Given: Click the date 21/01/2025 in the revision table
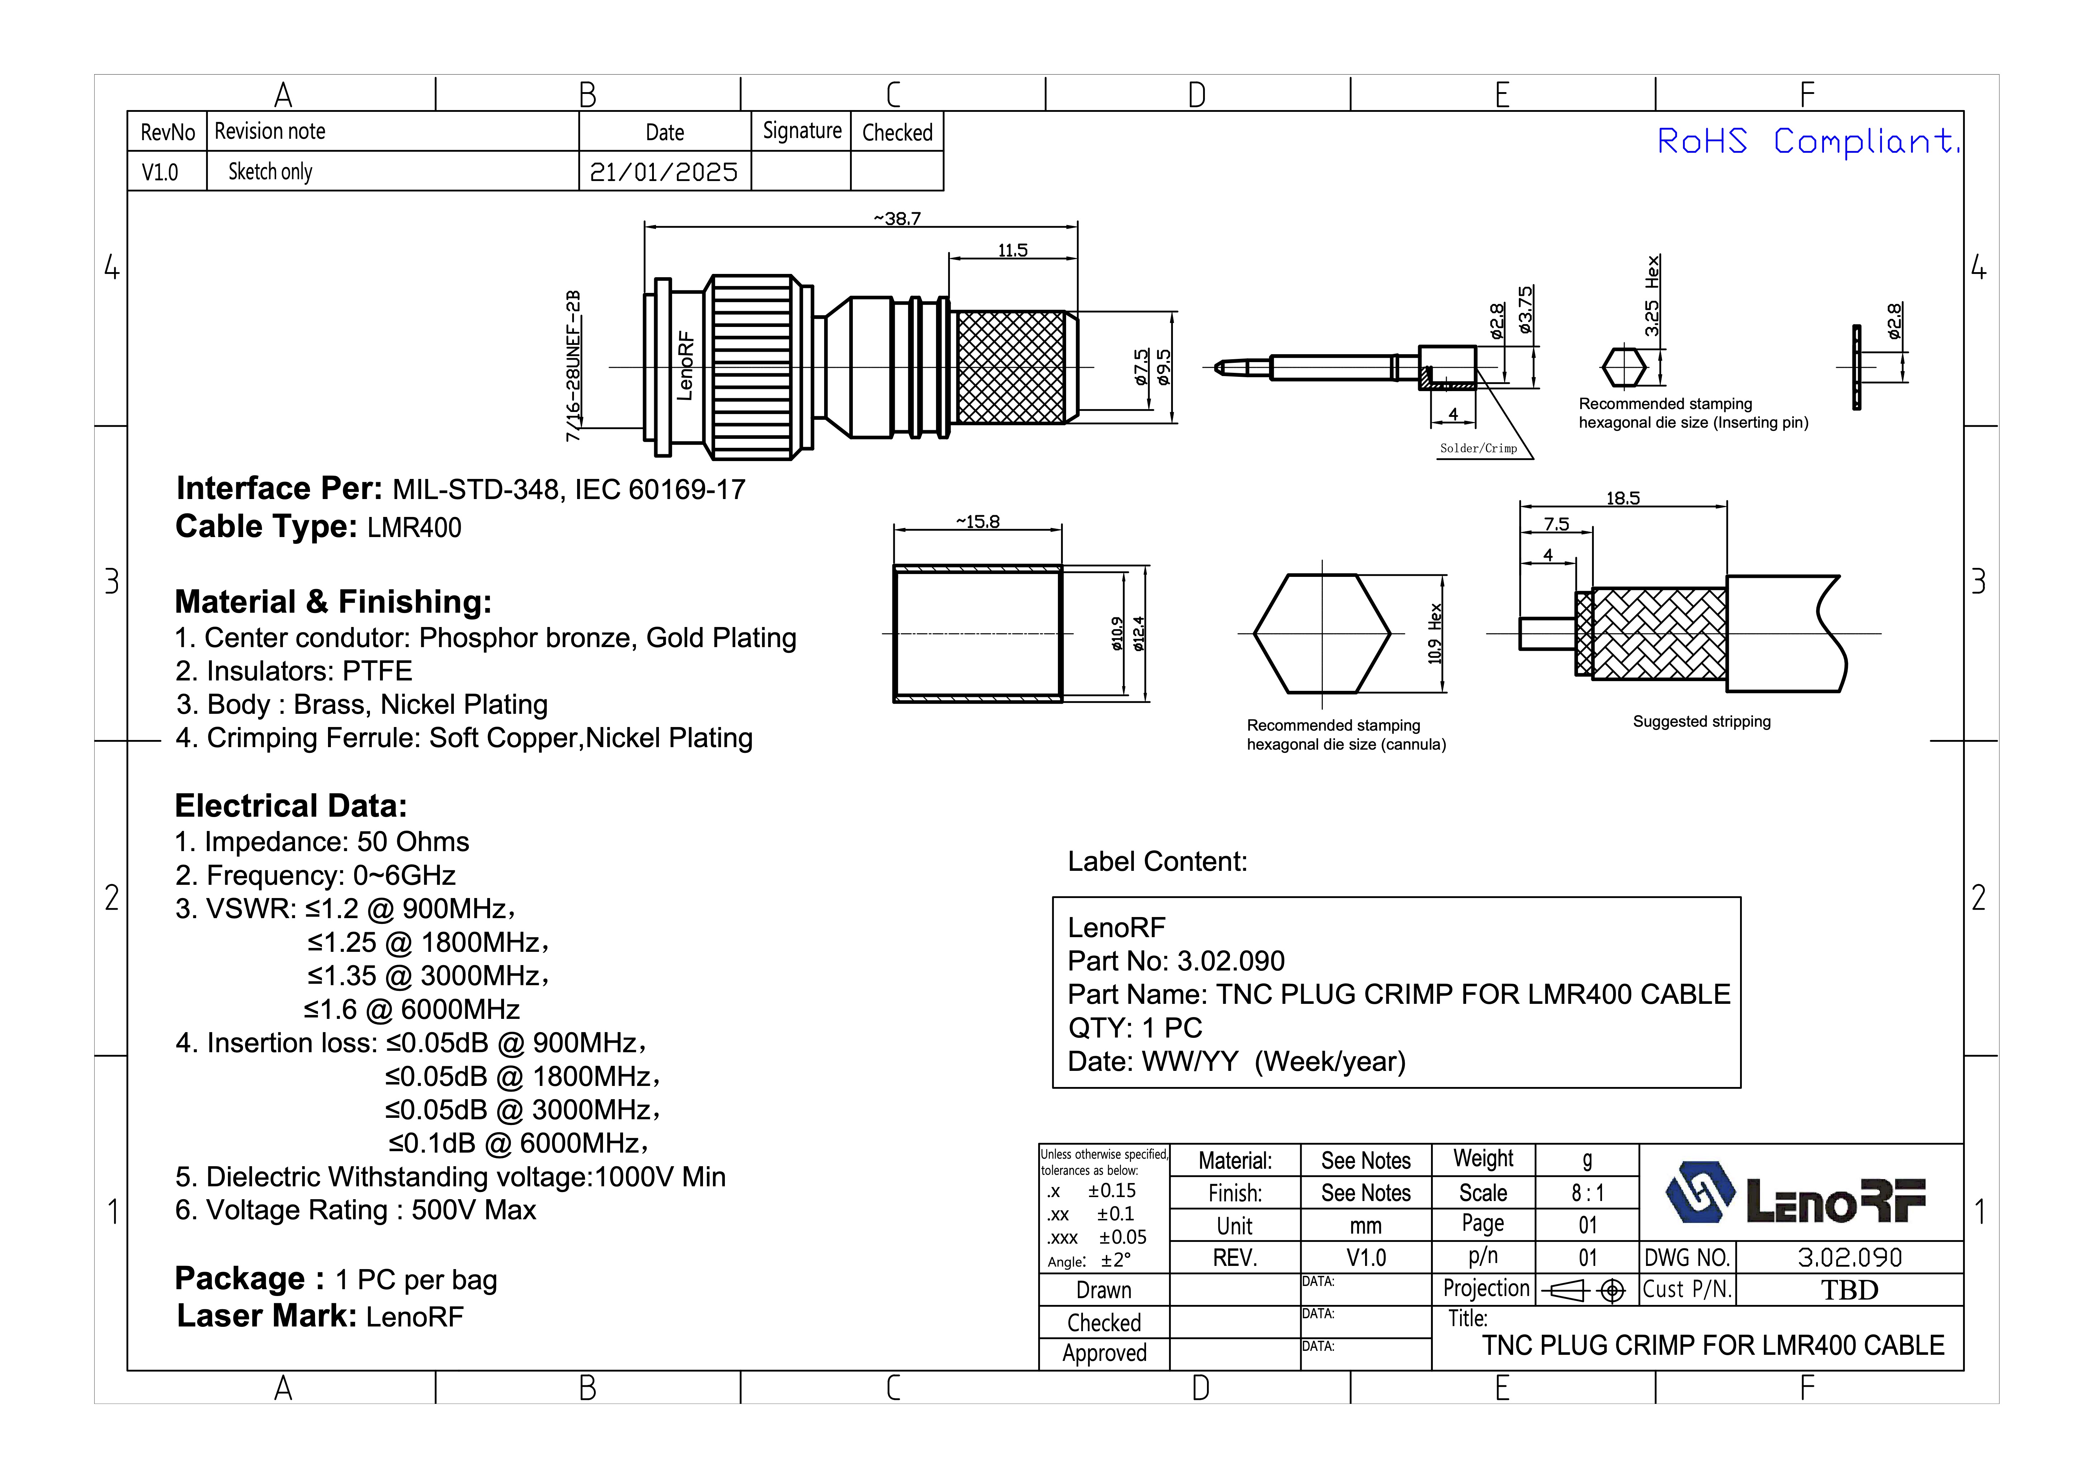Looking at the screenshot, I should (x=664, y=172).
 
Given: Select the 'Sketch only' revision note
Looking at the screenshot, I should (x=270, y=172).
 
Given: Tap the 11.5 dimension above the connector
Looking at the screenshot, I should (x=1012, y=250).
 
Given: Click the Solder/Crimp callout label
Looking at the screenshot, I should (x=1478, y=448).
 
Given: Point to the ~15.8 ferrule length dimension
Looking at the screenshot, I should (x=978, y=521).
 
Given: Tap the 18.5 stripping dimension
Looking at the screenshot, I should (x=1623, y=498).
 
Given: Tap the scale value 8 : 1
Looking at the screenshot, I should (x=1588, y=1192).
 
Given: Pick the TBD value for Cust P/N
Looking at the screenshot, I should (x=1849, y=1290).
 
